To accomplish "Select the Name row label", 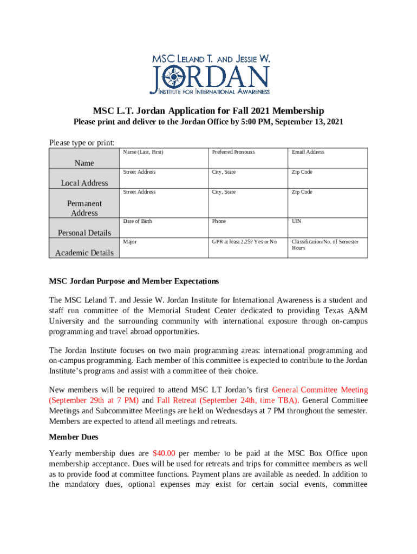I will [x=84, y=163].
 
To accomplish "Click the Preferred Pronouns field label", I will [x=233, y=152].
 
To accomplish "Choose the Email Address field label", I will [x=308, y=152].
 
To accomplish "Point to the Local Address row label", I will [x=84, y=183].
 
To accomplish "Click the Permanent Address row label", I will [x=84, y=208].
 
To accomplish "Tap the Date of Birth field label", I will [x=138, y=221].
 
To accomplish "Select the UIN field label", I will [x=296, y=221].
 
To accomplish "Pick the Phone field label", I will [x=219, y=221].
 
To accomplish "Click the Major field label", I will [x=129, y=241].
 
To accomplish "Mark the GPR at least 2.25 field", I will [x=244, y=241].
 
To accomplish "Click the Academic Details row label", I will [x=84, y=253].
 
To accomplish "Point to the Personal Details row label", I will [x=84, y=233].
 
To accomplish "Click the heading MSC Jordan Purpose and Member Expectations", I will [x=134, y=281].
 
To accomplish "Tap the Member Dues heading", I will [x=73, y=437].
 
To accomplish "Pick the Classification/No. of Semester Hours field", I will [x=325, y=245].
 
